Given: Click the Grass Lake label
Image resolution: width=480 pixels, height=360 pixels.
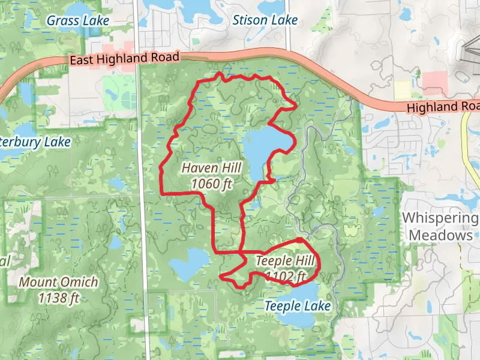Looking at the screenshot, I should (78, 20).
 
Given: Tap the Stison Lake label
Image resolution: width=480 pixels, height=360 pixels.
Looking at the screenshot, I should (265, 20).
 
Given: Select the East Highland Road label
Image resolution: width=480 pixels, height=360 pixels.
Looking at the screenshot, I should (124, 59).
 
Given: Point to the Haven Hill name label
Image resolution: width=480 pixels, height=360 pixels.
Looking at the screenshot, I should (207, 169).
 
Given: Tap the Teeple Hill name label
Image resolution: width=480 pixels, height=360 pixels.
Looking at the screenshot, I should (281, 261).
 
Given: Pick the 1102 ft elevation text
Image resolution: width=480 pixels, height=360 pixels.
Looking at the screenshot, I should (286, 276).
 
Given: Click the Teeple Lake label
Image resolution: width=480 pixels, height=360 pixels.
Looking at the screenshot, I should (298, 306).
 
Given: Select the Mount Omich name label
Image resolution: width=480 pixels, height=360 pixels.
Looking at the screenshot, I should (58, 281).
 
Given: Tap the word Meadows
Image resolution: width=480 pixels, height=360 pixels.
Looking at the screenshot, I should (440, 235).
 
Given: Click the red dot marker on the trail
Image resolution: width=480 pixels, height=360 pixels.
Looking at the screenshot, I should (299, 241).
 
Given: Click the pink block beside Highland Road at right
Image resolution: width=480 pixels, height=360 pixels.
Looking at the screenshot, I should (435, 80).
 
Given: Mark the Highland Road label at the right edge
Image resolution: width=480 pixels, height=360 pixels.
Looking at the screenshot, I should (443, 107).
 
